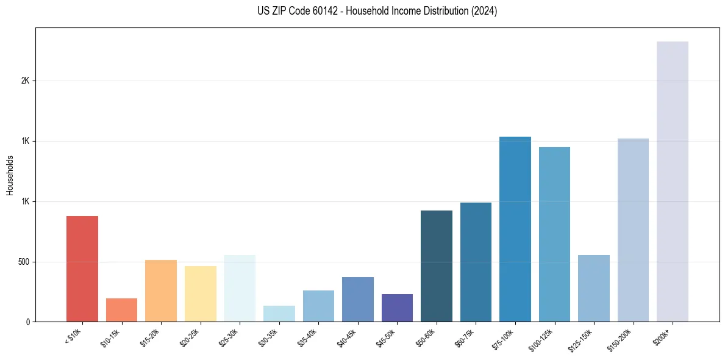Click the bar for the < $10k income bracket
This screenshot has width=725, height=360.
pyautogui.click(x=82, y=268)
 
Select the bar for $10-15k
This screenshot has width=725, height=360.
pyautogui.click(x=121, y=310)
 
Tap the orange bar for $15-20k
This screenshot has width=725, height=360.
pyautogui.click(x=161, y=291)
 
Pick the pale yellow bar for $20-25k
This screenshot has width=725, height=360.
pyautogui.click(x=201, y=294)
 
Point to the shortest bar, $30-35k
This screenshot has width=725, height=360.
pyautogui.click(x=279, y=314)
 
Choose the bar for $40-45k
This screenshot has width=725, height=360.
pyautogui.click(x=358, y=300)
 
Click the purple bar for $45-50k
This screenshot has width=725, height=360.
pyautogui.click(x=397, y=308)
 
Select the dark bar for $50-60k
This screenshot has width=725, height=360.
pyautogui.click(x=437, y=266)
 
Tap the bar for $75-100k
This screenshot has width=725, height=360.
pyautogui.click(x=515, y=229)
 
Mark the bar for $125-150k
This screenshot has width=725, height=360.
pyautogui.click(x=594, y=289)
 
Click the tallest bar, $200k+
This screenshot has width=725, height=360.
pyautogui.click(x=673, y=182)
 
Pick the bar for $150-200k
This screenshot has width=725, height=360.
pyautogui.click(x=633, y=230)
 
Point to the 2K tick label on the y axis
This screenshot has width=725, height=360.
pyautogui.click(x=25, y=81)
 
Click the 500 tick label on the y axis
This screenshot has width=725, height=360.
pyautogui.click(x=23, y=262)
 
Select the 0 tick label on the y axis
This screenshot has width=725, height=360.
pyautogui.click(x=27, y=322)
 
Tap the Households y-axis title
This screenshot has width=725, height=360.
pyautogui.click(x=10, y=175)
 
